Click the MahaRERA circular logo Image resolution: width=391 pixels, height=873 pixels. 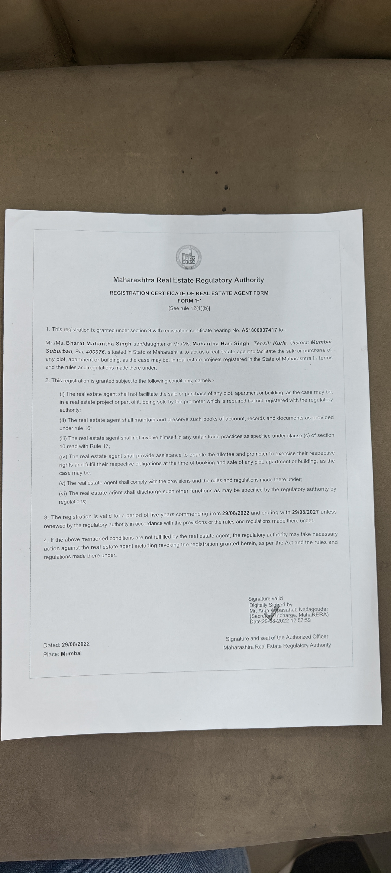tap(188, 257)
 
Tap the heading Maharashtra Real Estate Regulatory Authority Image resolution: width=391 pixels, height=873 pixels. tap(188, 280)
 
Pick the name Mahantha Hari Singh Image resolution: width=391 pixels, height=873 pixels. tap(221, 343)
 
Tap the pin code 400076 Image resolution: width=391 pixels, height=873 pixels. tap(95, 351)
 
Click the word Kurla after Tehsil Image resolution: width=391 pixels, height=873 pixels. tap(280, 343)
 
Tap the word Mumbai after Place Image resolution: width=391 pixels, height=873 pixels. tap(71, 653)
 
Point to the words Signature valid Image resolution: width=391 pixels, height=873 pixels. tap(265, 598)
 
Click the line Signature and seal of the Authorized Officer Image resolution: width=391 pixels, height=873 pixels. tap(277, 637)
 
